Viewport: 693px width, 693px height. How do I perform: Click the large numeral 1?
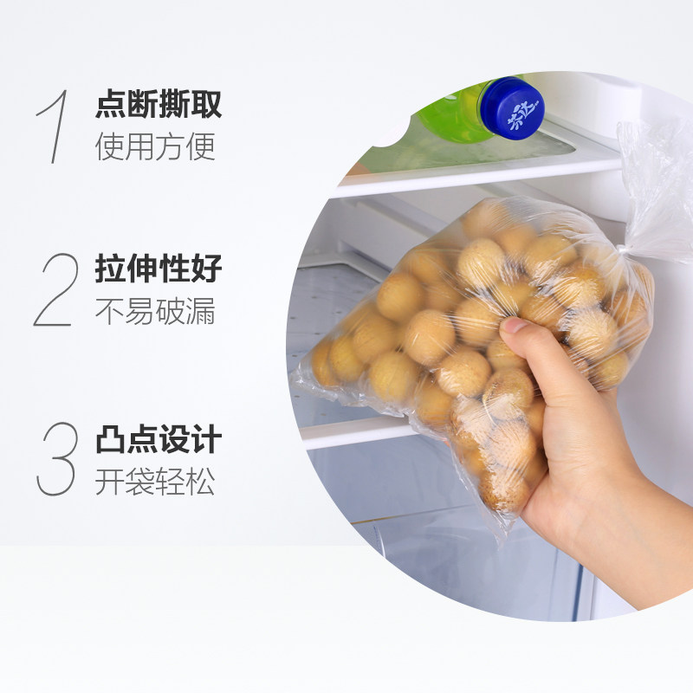pyautogui.click(x=56, y=126)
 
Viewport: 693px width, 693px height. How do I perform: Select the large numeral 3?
pyautogui.click(x=56, y=459)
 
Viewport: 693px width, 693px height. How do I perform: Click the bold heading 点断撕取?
pyautogui.click(x=159, y=104)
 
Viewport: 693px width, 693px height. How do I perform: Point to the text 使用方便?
pyautogui.click(x=155, y=146)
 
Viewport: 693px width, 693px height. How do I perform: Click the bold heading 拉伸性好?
pyautogui.click(x=159, y=269)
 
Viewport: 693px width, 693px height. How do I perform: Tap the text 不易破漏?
pyautogui.click(x=155, y=311)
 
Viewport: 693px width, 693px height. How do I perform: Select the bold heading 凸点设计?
pyautogui.click(x=159, y=438)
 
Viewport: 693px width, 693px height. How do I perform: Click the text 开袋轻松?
pyautogui.click(x=155, y=481)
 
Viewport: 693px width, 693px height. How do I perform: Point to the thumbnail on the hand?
pyautogui.click(x=514, y=326)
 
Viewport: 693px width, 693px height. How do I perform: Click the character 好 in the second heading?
pyautogui.click(x=206, y=269)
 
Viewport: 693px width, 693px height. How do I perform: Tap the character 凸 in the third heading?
pyautogui.click(x=111, y=438)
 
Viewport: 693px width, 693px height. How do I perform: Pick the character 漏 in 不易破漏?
pyautogui.click(x=201, y=311)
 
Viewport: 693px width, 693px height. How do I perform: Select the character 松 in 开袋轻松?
pyautogui.click(x=201, y=481)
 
